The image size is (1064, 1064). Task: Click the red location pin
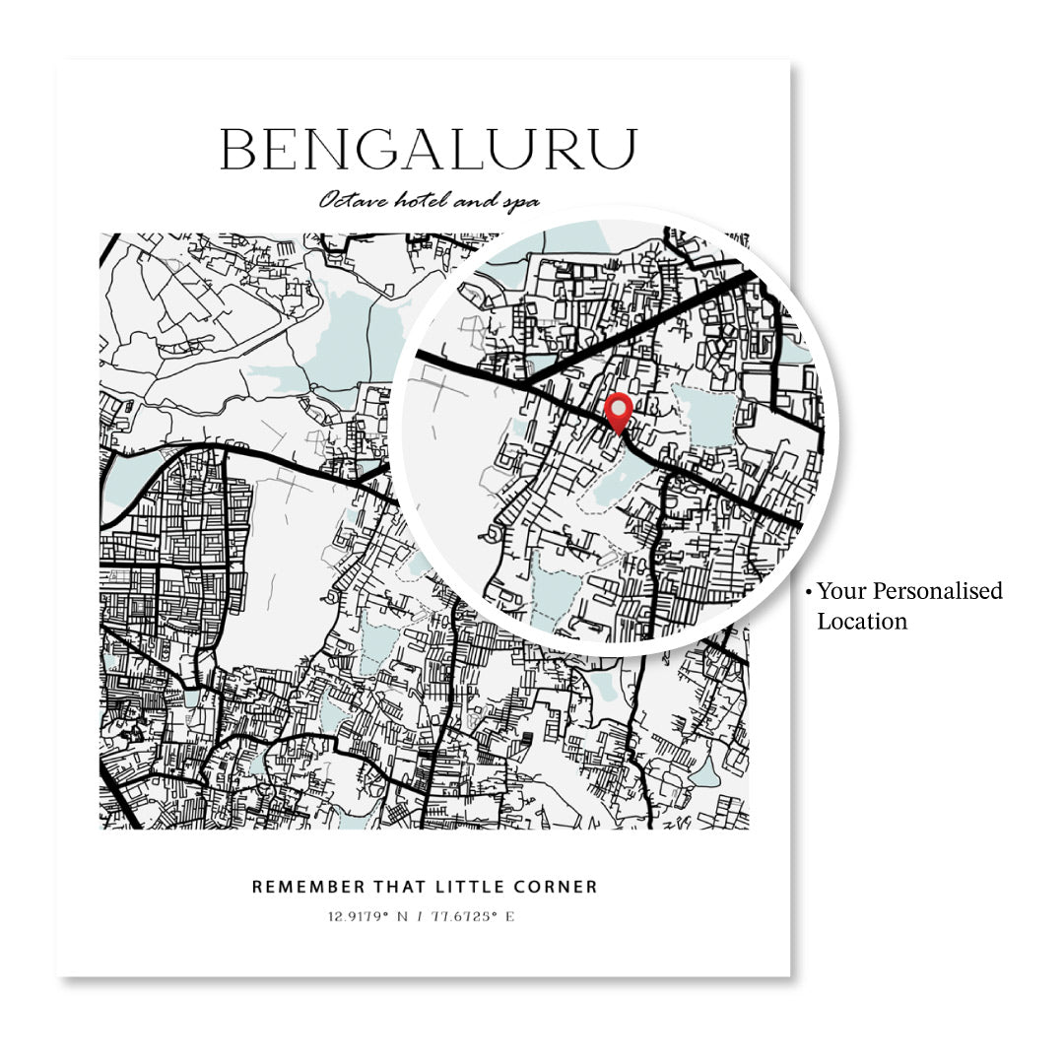pos(619,411)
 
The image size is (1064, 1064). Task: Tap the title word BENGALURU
pos(428,151)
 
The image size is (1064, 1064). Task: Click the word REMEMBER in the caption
pos(298,887)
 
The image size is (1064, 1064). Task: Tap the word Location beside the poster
pos(862,621)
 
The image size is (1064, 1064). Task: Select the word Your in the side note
pos(838,591)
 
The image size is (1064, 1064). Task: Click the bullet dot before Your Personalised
pos(808,592)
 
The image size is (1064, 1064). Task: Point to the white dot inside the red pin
pos(619,405)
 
